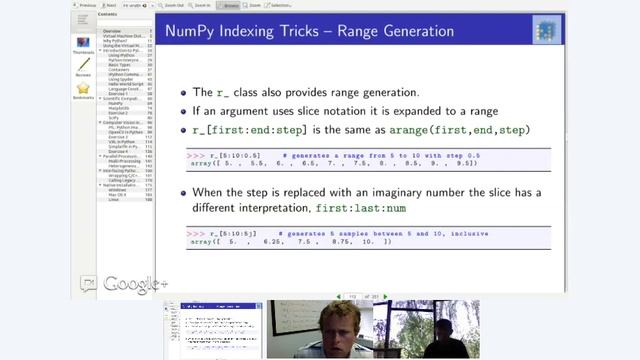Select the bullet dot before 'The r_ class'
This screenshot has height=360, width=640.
coord(183,91)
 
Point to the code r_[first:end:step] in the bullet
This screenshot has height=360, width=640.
coord(242,130)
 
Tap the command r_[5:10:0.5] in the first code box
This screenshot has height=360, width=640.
coord(240,157)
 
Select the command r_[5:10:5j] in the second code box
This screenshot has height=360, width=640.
coord(238,232)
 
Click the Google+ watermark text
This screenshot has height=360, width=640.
coord(135,284)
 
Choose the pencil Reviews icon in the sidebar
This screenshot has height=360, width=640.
coord(84,66)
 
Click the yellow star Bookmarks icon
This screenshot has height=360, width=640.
coord(84,89)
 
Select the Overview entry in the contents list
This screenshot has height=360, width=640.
coord(112,31)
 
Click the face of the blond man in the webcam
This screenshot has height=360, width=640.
coord(334,327)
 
